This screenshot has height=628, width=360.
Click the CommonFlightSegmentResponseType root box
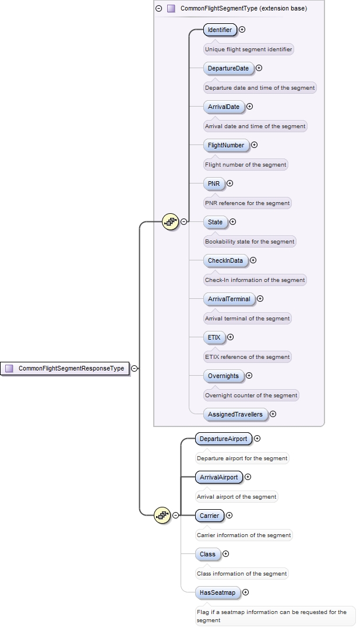[x=65, y=368]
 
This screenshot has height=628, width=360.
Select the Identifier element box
[x=220, y=30]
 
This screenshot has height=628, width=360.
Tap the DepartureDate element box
[x=228, y=68]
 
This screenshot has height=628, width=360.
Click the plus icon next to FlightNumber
[x=254, y=145]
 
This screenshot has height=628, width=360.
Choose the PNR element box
[x=213, y=184]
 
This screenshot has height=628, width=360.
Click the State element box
[x=215, y=222]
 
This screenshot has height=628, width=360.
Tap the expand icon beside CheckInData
[x=253, y=260]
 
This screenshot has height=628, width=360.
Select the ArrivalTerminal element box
[x=229, y=299]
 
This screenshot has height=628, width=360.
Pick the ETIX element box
[x=214, y=337]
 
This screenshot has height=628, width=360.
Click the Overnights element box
[x=223, y=376]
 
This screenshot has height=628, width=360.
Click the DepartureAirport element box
[x=223, y=439]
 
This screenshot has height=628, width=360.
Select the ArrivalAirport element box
[x=218, y=477]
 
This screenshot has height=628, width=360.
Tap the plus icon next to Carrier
[x=229, y=516]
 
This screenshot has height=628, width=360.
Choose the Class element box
[x=207, y=554]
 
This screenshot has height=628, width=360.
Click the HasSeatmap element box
[x=217, y=592]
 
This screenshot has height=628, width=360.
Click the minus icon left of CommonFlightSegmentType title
[x=159, y=9]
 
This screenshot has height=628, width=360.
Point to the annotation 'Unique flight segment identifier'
[x=248, y=50]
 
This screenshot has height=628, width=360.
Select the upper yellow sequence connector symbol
[x=170, y=221]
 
